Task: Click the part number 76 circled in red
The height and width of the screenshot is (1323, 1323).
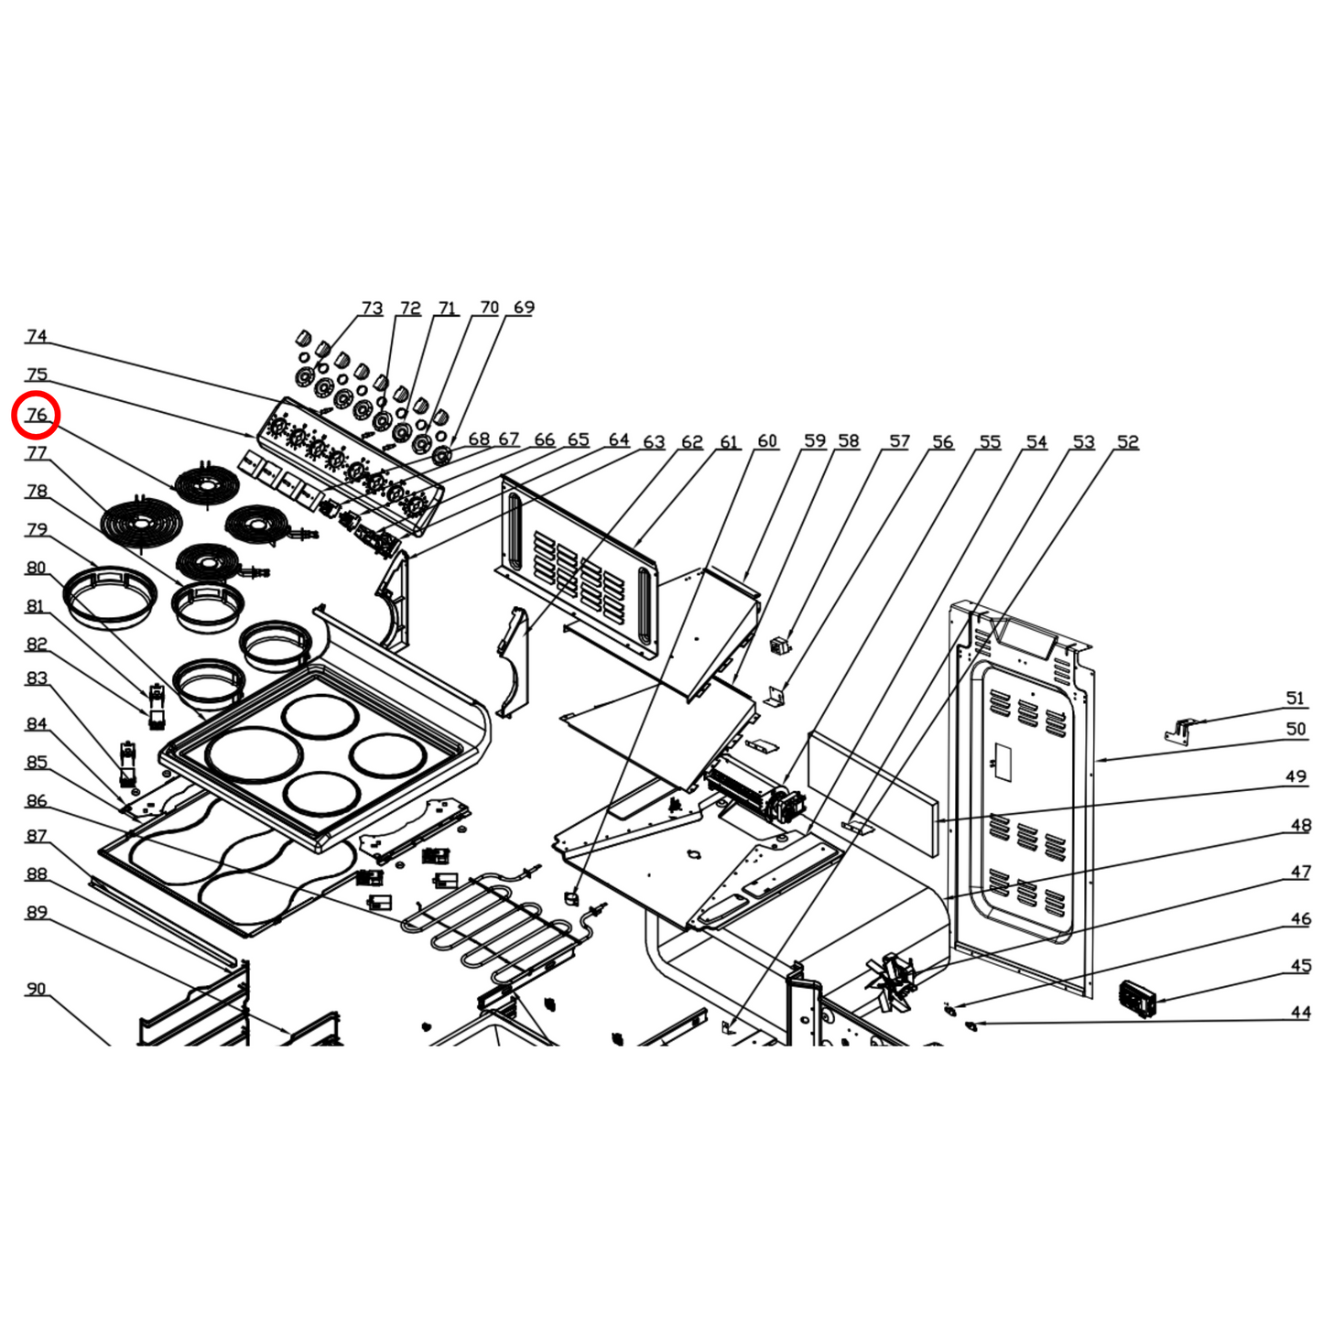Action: click(x=36, y=415)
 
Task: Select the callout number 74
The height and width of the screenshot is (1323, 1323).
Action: click(x=36, y=336)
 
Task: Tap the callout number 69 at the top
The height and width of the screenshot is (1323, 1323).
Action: click(x=524, y=308)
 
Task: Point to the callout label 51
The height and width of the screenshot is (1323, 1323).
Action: click(x=1295, y=699)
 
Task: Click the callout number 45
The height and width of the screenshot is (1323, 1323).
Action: click(x=1300, y=966)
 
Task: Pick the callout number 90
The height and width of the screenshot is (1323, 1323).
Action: click(x=36, y=989)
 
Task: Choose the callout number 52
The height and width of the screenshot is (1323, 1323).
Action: click(x=1127, y=442)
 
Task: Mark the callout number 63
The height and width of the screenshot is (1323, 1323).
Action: click(x=654, y=442)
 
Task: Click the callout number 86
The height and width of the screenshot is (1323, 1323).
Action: click(x=36, y=800)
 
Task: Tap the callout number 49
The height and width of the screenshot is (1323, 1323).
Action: click(x=1295, y=776)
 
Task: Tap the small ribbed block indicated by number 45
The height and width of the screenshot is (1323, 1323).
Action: click(x=1137, y=998)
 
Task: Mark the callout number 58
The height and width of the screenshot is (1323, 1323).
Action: click(x=848, y=441)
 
